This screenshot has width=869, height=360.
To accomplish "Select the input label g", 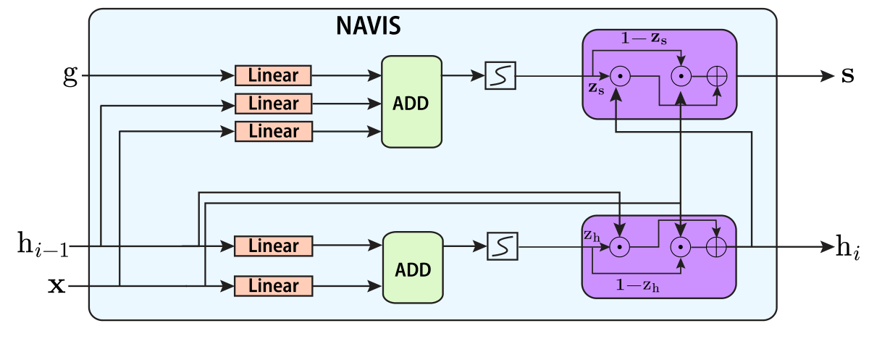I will click(x=70, y=75).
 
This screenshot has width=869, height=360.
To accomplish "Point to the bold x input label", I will click(x=56, y=286).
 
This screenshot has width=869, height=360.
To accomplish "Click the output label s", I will click(x=847, y=75).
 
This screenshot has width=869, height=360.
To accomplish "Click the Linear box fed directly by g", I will click(x=273, y=75).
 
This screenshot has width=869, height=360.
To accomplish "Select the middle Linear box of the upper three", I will click(x=273, y=104).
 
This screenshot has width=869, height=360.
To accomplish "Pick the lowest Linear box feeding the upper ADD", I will click(x=273, y=131).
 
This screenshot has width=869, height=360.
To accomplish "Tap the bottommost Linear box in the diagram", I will click(x=273, y=285).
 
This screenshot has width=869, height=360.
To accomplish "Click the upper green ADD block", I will click(x=411, y=102).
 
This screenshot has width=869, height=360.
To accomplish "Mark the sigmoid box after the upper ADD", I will click(x=500, y=76).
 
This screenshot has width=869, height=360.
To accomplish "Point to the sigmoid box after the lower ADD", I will click(x=502, y=247).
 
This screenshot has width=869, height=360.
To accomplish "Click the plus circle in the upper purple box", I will click(x=717, y=75).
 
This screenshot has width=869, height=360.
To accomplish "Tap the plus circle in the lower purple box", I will click(x=716, y=247).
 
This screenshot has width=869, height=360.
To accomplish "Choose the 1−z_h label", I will click(x=638, y=285).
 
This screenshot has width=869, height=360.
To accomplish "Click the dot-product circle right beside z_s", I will click(x=618, y=75).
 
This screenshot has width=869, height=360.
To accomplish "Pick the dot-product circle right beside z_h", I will click(x=619, y=247).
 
